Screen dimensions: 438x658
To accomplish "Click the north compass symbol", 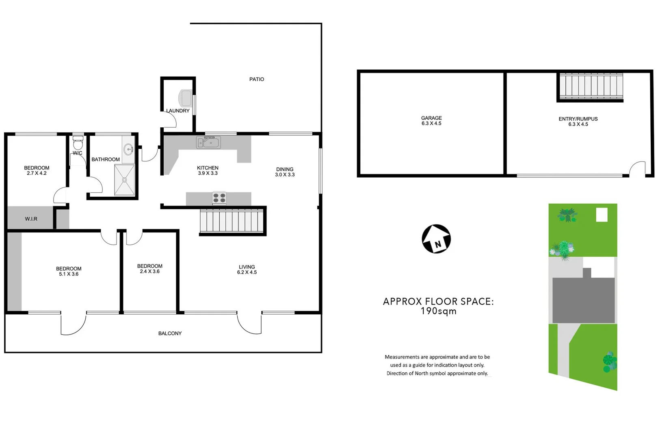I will (436, 239).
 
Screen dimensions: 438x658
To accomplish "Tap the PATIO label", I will (256, 79).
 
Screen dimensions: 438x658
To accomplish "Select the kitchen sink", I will (208, 142).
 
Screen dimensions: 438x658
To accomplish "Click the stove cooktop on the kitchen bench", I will (219, 198).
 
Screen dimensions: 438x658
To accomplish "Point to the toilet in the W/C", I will (78, 143).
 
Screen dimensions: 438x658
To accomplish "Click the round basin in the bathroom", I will (129, 149).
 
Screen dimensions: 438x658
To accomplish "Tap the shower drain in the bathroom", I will (124, 180).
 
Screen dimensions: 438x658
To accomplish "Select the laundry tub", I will (186, 98).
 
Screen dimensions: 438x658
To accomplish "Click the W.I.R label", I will (31, 219).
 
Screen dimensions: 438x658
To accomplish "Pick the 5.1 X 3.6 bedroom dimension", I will (69, 274).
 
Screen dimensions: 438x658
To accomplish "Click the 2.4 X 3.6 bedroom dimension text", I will (149, 271).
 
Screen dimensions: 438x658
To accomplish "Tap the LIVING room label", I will (247, 267).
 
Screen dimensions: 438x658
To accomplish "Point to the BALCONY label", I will (170, 333).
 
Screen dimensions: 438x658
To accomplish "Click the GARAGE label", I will (431, 118).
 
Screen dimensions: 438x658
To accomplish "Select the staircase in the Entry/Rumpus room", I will (591, 86).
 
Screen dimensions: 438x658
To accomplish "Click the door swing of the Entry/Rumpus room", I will (638, 168).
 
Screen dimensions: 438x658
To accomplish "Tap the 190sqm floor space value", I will (438, 311).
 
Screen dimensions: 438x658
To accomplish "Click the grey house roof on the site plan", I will (583, 300).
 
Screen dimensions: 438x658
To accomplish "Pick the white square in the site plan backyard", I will (602, 215).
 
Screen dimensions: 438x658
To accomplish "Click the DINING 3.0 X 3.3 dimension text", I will (285, 175).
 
